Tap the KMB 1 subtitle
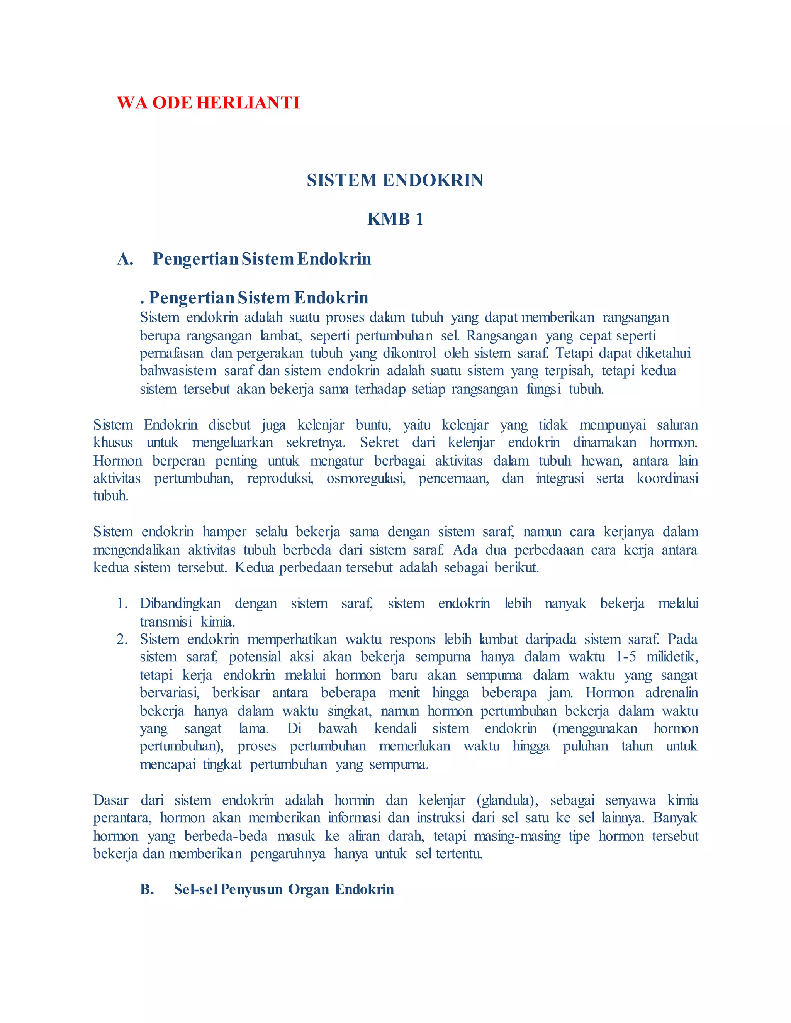(x=395, y=219)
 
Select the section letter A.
(x=125, y=259)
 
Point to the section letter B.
(x=147, y=889)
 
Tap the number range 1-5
(x=626, y=657)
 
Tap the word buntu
(x=373, y=425)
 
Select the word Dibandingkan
(x=180, y=603)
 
